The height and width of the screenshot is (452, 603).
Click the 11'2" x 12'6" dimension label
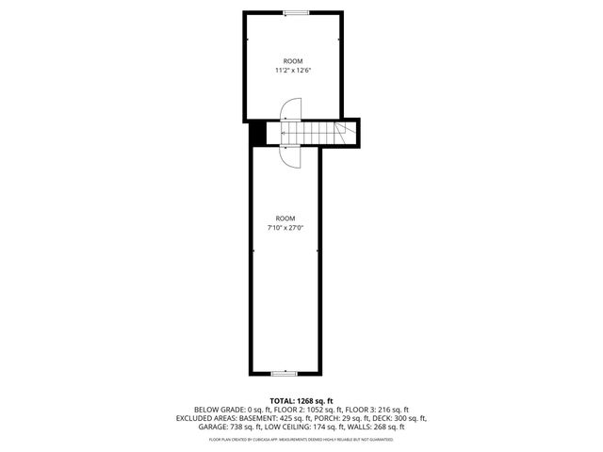[293, 70]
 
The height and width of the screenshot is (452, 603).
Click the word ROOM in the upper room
[294, 60]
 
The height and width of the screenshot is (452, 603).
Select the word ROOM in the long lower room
[285, 218]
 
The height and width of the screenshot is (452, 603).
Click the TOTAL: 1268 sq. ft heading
[301, 400]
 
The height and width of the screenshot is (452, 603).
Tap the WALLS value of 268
[388, 428]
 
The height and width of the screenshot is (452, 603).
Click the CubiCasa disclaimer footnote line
[301, 439]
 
